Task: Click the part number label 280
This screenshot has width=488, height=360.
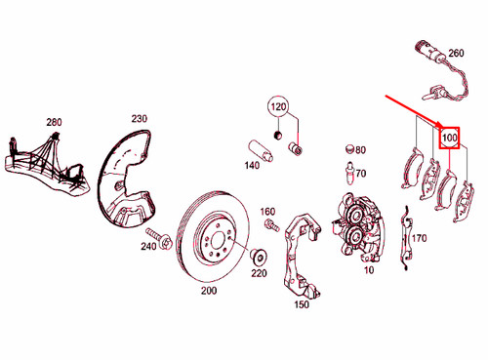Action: (54, 122)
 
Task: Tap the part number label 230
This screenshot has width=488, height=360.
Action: (139, 119)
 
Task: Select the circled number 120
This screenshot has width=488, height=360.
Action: (280, 106)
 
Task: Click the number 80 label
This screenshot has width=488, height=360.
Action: (359, 150)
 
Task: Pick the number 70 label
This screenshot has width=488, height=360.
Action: (359, 174)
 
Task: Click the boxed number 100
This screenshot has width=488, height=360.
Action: (450, 138)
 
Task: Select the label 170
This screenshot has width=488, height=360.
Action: (421, 238)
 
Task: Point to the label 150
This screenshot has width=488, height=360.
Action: (301, 304)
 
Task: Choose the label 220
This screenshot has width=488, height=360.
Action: (259, 274)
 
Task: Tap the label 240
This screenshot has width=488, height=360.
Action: (148, 247)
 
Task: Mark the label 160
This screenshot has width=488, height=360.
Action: (267, 212)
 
